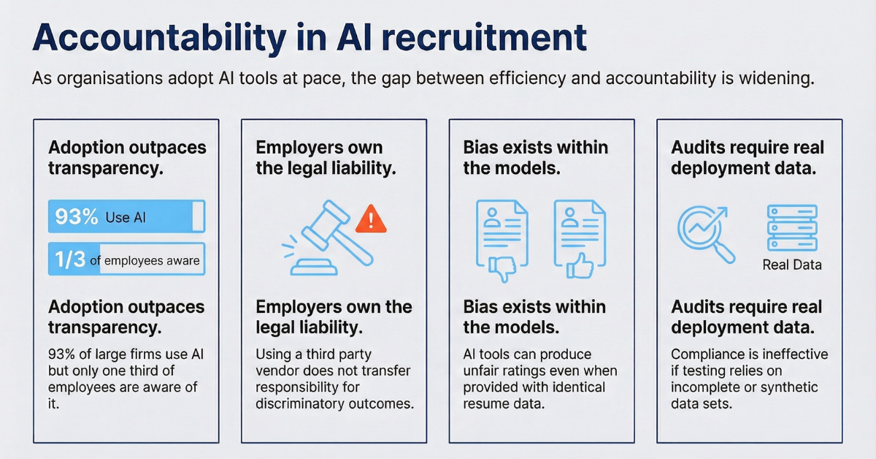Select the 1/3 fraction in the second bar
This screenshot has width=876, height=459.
click(x=70, y=260)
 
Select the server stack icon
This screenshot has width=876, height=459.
click(x=791, y=228)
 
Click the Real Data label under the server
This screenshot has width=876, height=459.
click(x=791, y=265)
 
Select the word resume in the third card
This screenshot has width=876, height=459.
click(x=488, y=403)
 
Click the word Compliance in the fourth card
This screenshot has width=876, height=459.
click(x=708, y=354)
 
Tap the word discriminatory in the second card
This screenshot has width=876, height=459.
click(x=299, y=403)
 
